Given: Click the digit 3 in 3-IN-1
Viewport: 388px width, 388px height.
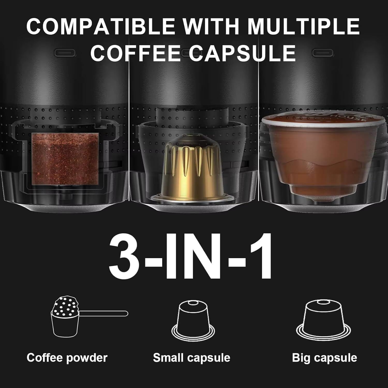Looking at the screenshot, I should pos(125,256).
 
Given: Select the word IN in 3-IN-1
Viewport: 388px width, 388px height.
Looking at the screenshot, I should pos(191,256).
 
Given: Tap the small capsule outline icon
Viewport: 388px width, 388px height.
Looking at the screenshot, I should pos(193,322).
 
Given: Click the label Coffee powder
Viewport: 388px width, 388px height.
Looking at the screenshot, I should pos(67,358).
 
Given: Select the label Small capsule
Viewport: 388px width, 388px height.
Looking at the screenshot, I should pos(191,358).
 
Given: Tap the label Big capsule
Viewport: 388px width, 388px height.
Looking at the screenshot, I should pos(324,358).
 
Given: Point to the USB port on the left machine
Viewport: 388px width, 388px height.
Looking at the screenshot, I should pos(65,53).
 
